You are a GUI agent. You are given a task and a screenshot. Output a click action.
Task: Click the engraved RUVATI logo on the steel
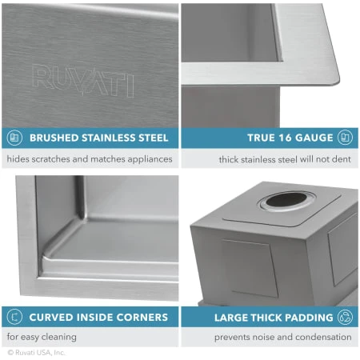click(x=83, y=81)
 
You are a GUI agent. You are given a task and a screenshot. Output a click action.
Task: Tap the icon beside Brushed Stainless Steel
click(x=14, y=138)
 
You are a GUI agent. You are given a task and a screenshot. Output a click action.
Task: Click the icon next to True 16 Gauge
click(x=345, y=138)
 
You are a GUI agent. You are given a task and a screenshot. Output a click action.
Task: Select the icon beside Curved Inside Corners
click(x=14, y=317)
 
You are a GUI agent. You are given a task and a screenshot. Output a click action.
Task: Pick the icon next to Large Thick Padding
click(x=345, y=318)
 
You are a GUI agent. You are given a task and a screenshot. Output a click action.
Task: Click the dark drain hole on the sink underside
click(x=286, y=200)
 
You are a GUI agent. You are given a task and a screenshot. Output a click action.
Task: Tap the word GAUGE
click(x=314, y=138)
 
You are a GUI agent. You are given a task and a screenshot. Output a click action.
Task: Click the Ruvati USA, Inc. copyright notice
click(x=37, y=353)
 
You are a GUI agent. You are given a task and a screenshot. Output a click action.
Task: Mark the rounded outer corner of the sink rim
click(x=337, y=81)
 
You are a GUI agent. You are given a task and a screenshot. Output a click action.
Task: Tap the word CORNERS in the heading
click(x=142, y=318)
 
